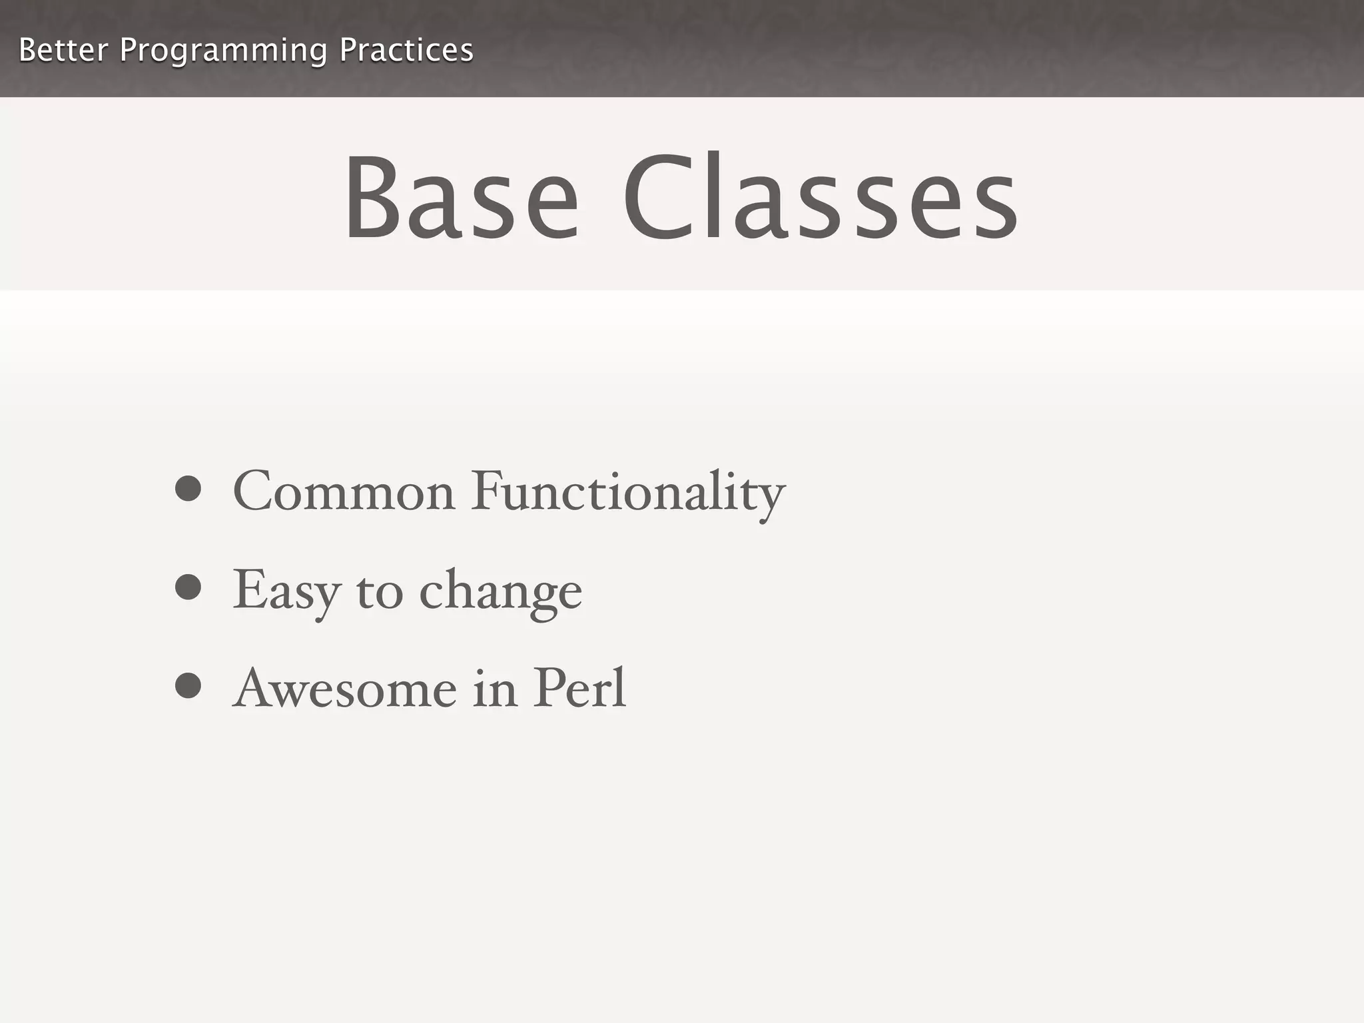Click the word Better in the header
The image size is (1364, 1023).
[x=63, y=51]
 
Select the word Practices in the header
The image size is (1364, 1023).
[x=406, y=51]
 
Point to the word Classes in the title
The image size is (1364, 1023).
[x=820, y=197]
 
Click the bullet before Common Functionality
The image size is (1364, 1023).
[x=188, y=488]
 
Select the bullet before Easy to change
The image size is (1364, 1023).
[x=188, y=587]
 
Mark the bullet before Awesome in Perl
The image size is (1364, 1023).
[x=188, y=686]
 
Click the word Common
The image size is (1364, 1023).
[x=344, y=492]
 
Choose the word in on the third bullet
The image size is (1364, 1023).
[x=495, y=689]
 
